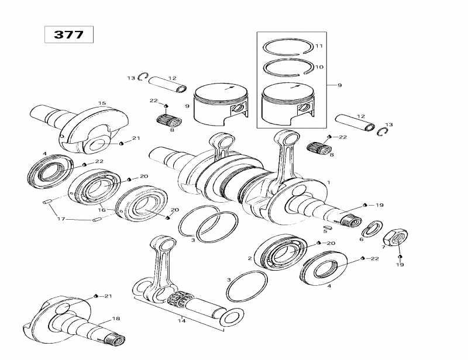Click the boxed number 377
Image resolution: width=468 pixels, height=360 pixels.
coord(68,34)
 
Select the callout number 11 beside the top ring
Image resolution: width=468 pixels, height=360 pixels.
coord(319,46)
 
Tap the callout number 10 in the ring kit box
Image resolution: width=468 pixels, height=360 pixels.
coord(319,67)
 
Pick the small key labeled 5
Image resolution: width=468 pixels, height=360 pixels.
coord(328,223)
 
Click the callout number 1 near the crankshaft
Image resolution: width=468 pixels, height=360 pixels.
coord(329,183)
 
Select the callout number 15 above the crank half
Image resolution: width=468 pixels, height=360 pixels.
coord(102,103)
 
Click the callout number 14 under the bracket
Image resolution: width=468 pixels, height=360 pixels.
coord(181,320)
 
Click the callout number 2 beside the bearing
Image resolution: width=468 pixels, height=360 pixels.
coord(250,258)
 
